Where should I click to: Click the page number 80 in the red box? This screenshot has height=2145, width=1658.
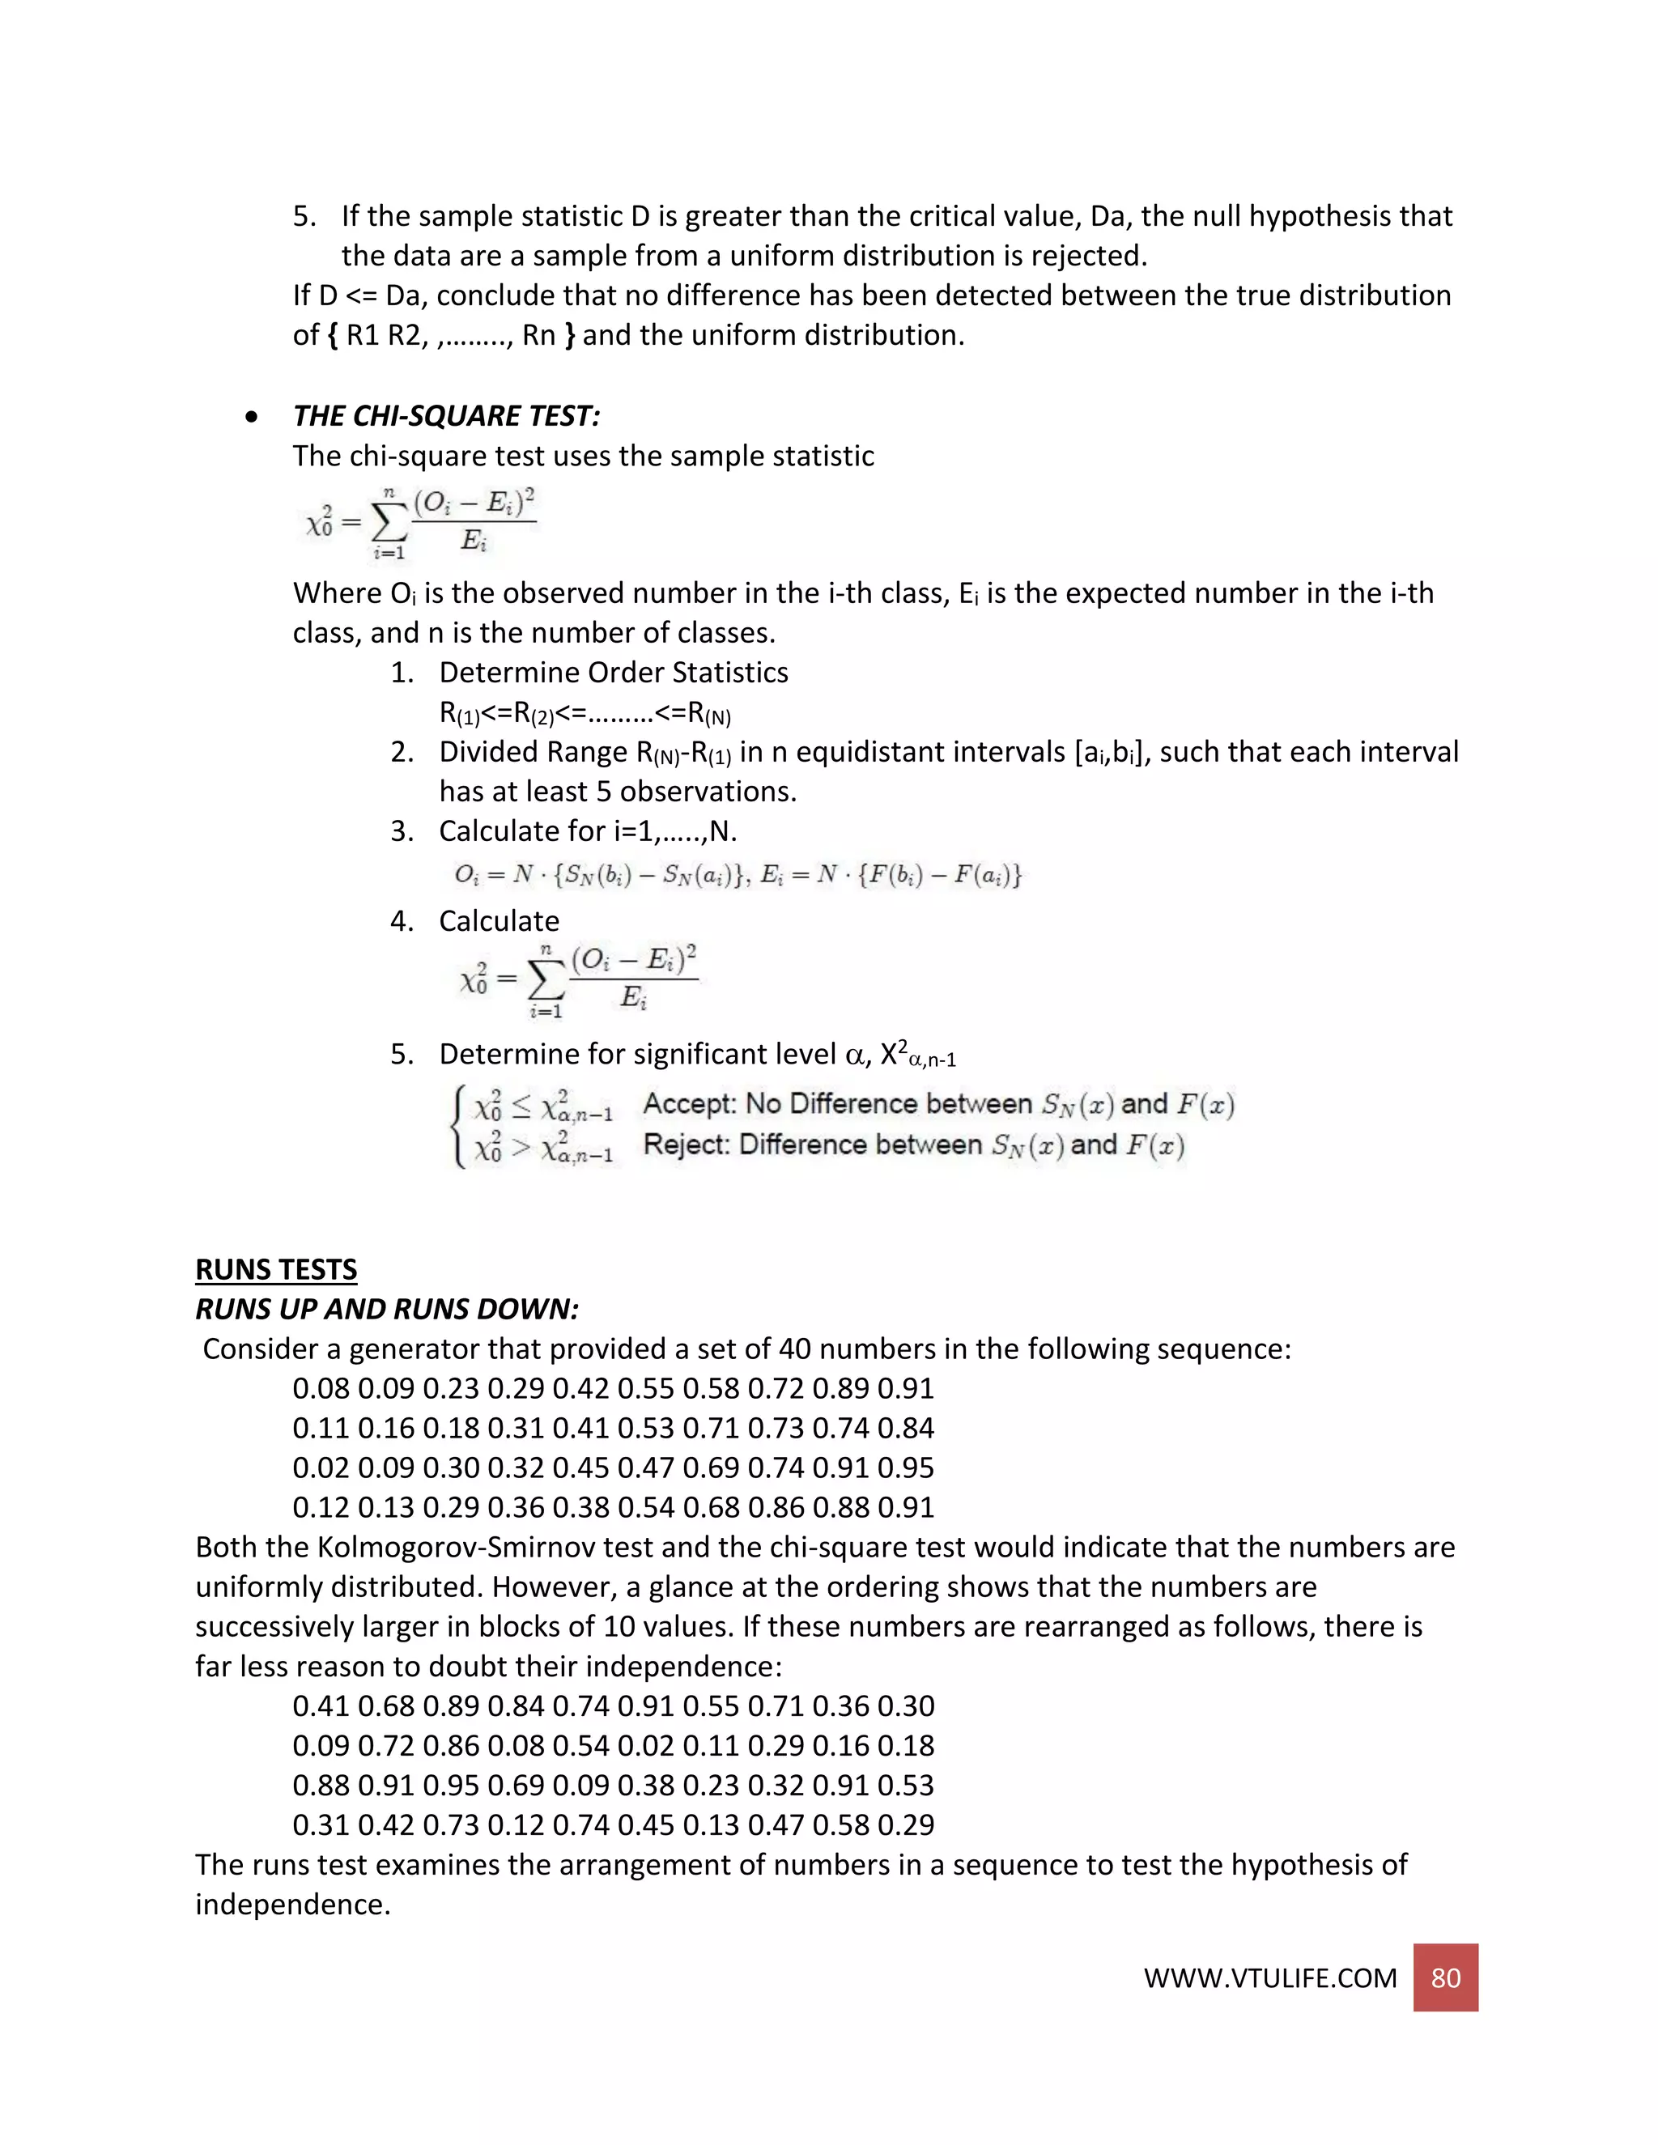click(1445, 1977)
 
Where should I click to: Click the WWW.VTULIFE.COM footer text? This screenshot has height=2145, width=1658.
click(1269, 1978)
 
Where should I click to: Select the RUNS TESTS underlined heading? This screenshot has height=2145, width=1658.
click(276, 1270)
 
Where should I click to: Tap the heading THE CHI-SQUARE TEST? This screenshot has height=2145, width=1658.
click(446, 416)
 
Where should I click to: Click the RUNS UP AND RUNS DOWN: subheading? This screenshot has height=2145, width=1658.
click(387, 1309)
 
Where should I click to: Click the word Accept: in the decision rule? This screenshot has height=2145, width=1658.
click(689, 1104)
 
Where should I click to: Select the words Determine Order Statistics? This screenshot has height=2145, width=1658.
click(613, 673)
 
